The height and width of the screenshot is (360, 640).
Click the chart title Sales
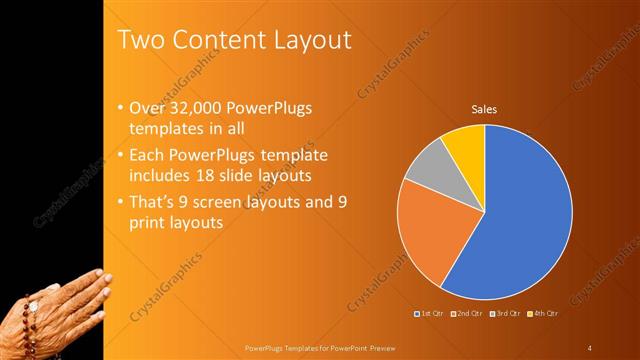(484, 109)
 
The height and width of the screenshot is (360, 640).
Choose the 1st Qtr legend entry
(429, 314)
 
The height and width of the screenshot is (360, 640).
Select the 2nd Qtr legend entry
(466, 314)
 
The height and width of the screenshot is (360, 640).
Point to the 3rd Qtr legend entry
(503, 314)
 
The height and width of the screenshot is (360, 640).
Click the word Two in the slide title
(143, 40)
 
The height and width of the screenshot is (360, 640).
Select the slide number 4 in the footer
(590, 348)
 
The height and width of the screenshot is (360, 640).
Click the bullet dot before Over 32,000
(120, 108)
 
